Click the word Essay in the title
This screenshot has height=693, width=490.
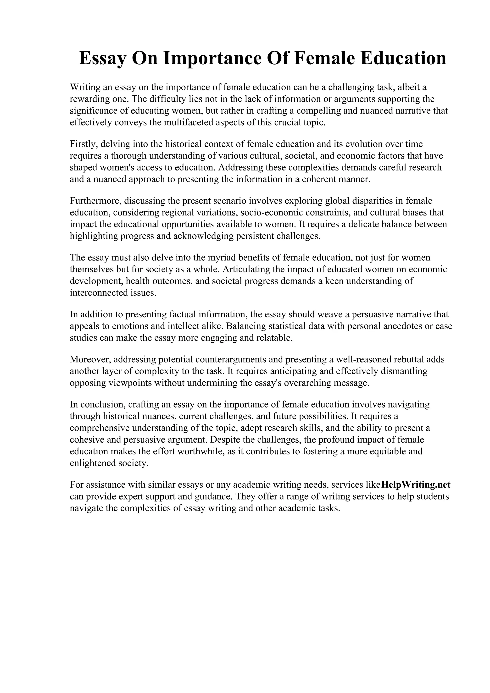(103, 58)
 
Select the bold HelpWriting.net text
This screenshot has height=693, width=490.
(416, 485)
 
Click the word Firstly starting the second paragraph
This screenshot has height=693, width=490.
(83, 144)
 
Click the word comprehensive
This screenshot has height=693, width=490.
(100, 428)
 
